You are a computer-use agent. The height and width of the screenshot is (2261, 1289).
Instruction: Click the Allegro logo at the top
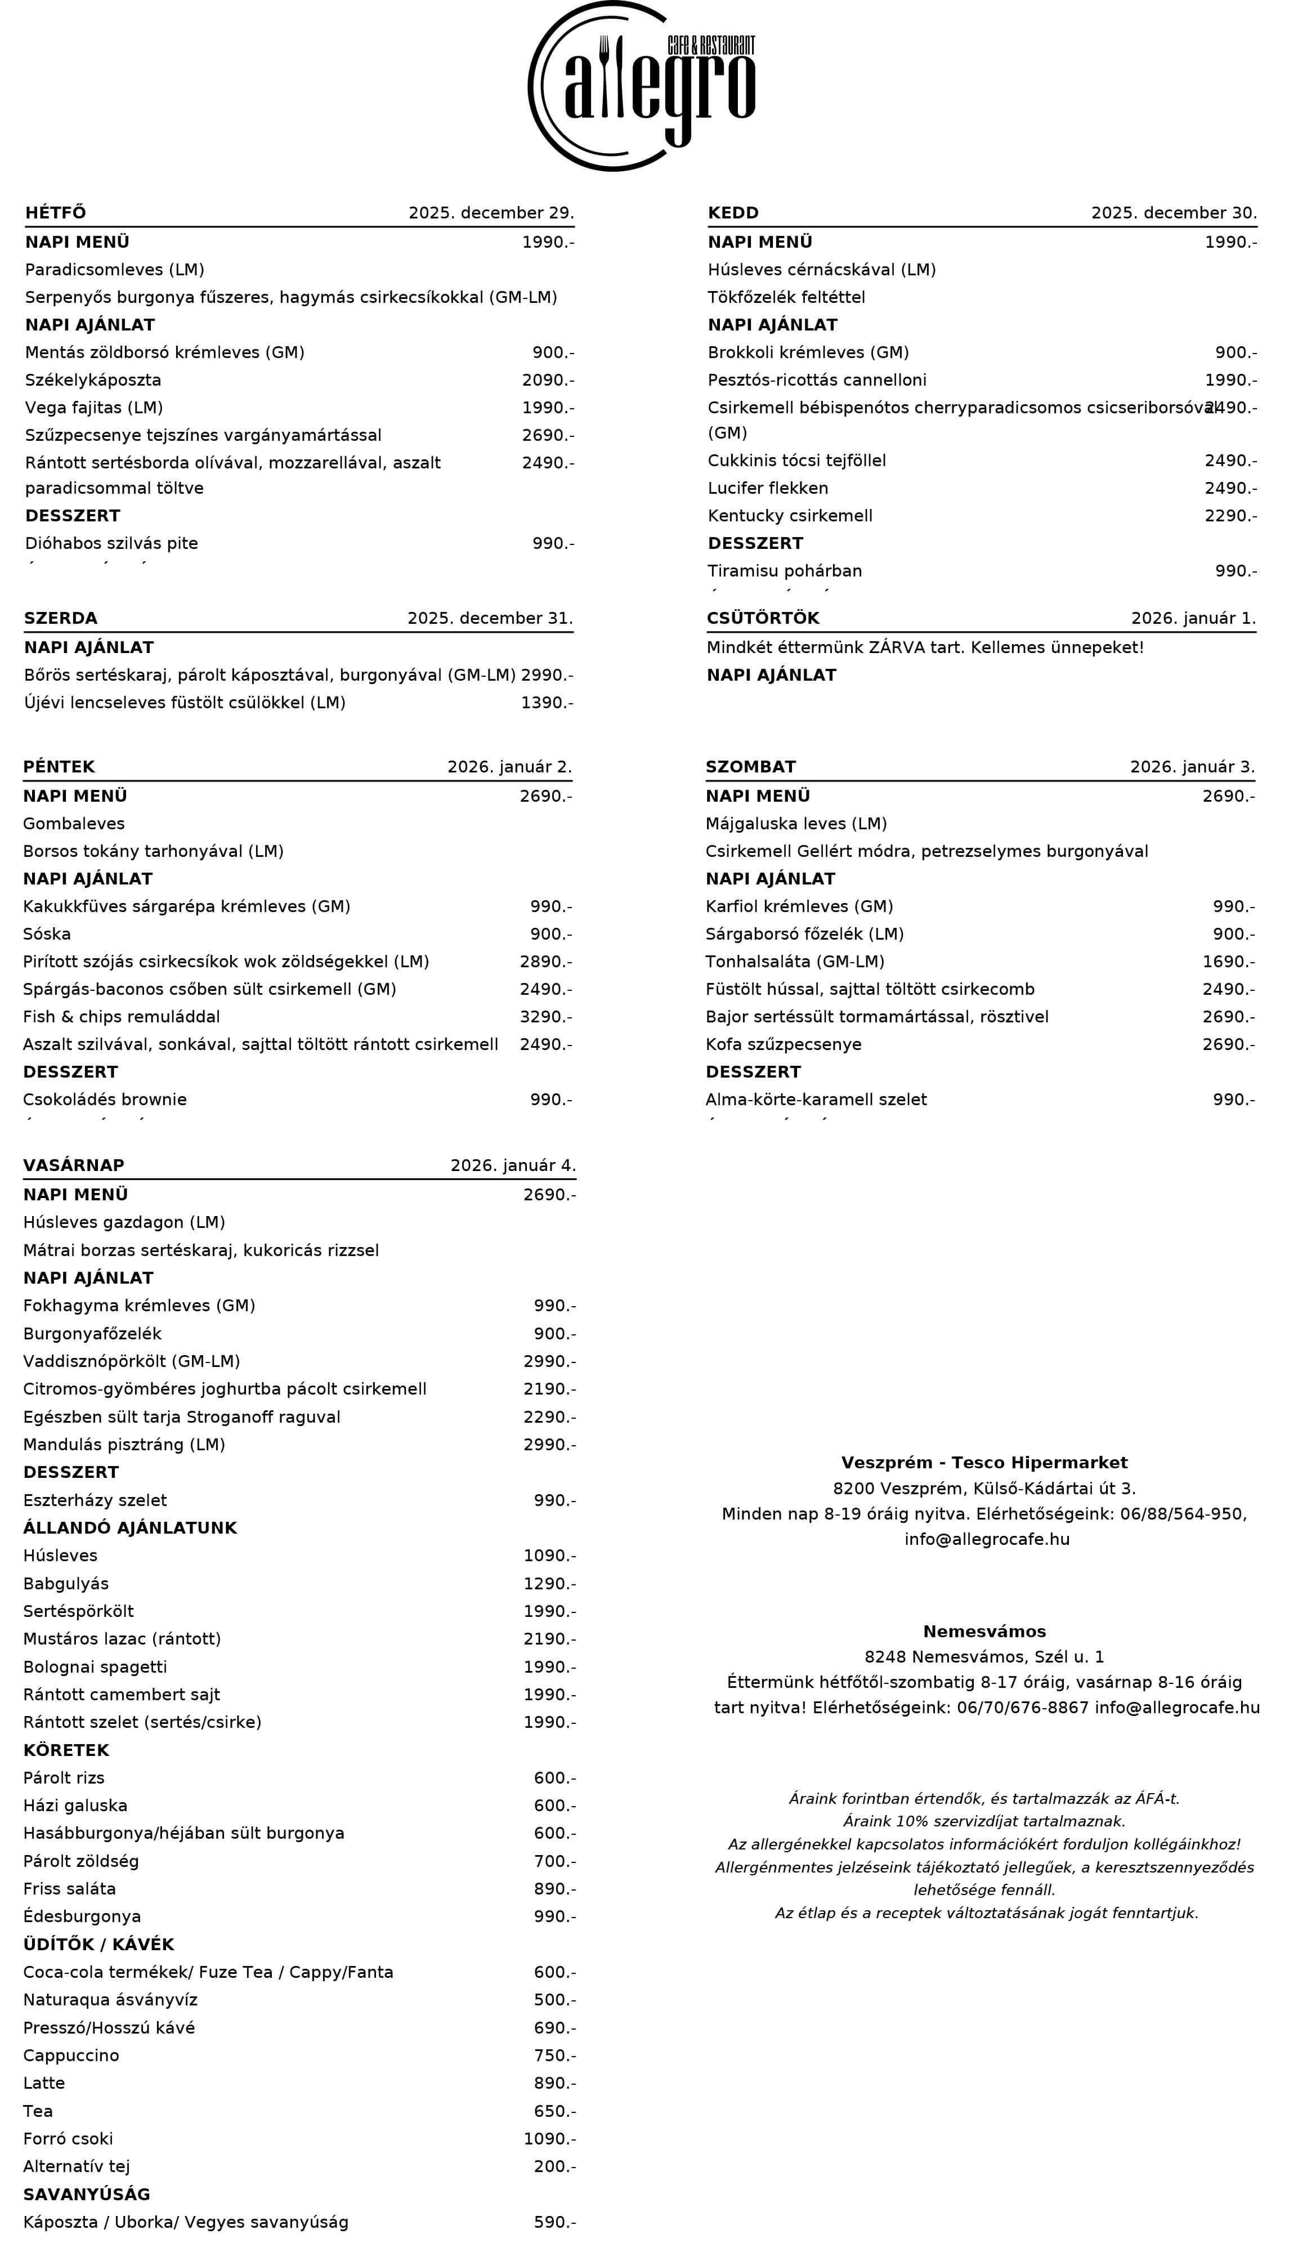pos(642,86)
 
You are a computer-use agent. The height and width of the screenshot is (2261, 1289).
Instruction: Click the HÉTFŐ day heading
pos(56,212)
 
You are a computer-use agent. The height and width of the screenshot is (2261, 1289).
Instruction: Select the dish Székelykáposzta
pos(93,380)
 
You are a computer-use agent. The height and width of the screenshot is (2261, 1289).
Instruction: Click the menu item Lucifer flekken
pos(768,488)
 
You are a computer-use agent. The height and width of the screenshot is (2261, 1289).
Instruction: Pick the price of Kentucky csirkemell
pos(1230,515)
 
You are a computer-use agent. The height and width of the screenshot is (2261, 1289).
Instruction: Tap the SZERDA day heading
pos(60,618)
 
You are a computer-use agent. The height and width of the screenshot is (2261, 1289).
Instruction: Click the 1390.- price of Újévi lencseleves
pos(546,702)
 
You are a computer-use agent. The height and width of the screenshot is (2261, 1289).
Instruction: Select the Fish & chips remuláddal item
pos(121,1016)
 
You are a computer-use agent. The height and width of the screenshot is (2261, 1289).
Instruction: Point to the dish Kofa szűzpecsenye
pos(782,1044)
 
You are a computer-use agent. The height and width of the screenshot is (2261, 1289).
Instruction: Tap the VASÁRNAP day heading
pos(74,1165)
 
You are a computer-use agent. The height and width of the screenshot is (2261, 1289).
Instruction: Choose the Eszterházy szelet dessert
pos(95,1500)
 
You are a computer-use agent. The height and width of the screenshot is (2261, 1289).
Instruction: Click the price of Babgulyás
pos(549,1583)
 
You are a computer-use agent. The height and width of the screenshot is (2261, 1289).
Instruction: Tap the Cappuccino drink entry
pos(71,2055)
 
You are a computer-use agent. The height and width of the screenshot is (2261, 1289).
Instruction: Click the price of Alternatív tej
pos(554,2166)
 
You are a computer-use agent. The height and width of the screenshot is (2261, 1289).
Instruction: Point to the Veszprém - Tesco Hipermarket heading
pos(983,1463)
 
